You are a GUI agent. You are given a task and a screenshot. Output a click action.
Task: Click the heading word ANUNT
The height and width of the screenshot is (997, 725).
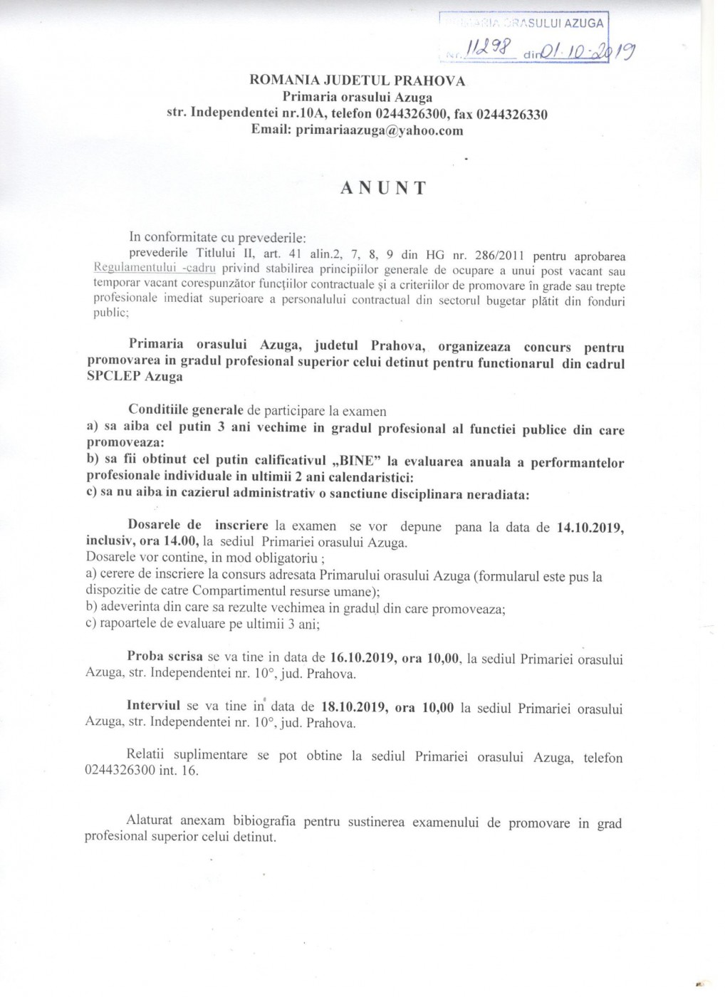[383, 188]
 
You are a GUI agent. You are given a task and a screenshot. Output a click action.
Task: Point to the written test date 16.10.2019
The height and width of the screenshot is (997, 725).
[363, 659]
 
